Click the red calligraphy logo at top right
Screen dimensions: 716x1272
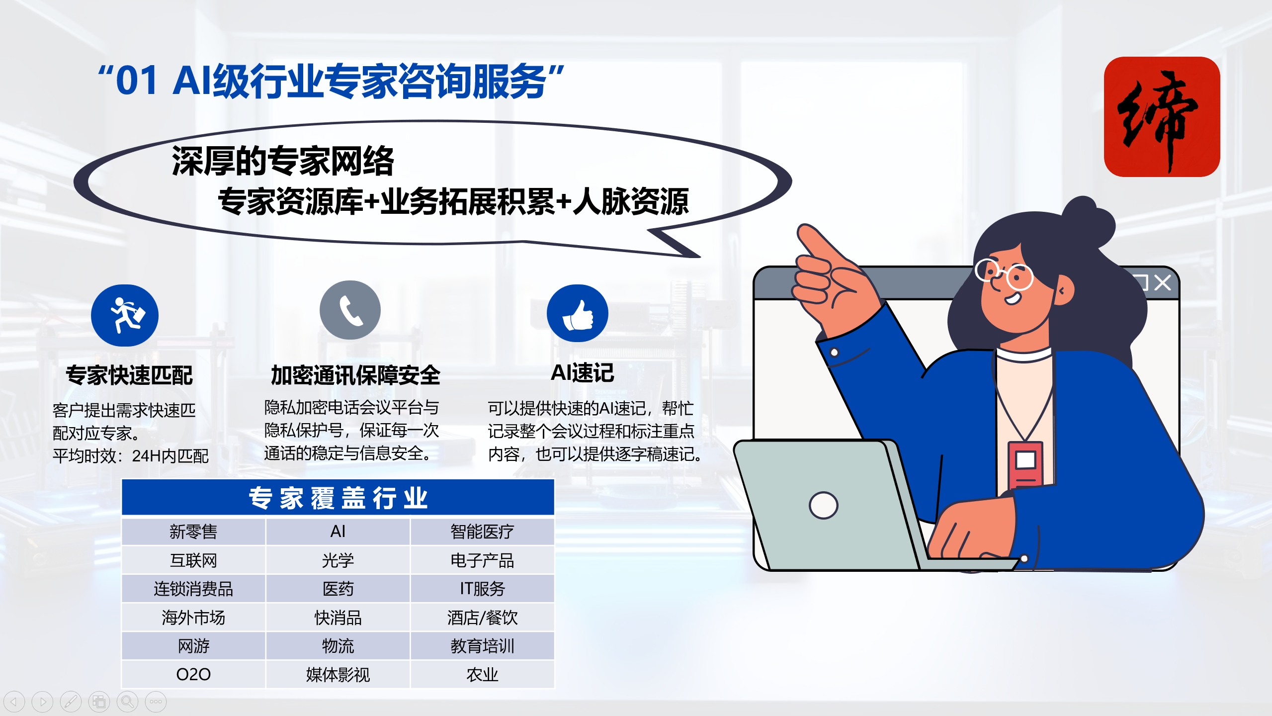point(1162,117)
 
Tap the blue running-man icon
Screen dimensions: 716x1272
point(125,315)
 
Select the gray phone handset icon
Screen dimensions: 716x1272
point(350,310)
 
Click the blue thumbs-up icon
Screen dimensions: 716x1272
point(578,313)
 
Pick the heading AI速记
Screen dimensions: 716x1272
point(582,373)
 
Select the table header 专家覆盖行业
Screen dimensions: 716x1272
point(338,498)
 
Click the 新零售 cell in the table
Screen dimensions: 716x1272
point(193,532)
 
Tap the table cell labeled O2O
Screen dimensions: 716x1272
point(193,675)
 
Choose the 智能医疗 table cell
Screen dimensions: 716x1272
point(482,532)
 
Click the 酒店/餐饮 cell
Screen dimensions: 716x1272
point(482,618)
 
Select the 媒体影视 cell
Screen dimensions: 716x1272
point(338,675)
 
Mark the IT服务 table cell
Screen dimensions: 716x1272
point(482,589)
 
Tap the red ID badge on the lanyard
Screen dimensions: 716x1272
point(1025,463)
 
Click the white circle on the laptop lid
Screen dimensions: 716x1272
point(824,505)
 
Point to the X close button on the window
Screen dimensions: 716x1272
point(1163,283)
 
